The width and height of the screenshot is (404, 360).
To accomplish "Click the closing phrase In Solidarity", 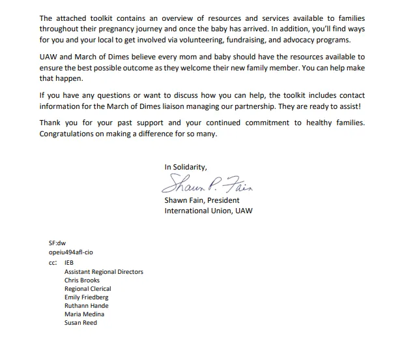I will click(186, 167).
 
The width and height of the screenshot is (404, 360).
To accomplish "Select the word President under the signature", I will click(223, 201).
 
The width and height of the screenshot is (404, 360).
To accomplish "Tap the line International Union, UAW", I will click(208, 211).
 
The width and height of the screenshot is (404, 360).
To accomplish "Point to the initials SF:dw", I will click(57, 243).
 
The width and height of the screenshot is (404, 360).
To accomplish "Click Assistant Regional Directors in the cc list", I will click(104, 272).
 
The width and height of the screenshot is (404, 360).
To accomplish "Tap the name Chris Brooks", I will click(82, 280).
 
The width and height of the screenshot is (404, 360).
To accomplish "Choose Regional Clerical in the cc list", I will click(87, 289).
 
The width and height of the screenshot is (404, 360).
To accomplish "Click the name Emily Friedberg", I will click(87, 297).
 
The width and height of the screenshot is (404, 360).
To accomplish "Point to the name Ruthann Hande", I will click(87, 306).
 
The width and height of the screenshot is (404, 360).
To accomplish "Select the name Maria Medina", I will click(84, 314).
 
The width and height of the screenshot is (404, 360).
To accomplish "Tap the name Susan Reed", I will click(80, 323).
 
